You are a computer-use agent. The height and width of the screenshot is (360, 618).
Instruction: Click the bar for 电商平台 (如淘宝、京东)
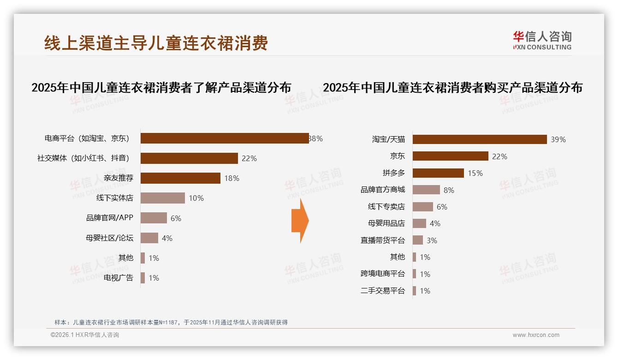(x=225, y=138)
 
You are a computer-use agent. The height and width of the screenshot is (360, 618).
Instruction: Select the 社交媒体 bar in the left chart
(x=189, y=158)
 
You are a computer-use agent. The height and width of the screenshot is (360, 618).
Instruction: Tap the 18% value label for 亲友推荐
(x=232, y=178)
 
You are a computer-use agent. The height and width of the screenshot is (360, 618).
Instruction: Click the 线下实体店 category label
(x=115, y=198)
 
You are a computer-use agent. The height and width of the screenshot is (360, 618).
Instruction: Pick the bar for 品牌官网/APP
(x=154, y=218)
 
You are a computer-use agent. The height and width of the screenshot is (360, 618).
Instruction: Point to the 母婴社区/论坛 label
(x=109, y=238)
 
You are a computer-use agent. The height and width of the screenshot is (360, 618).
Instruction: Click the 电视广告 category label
(x=119, y=278)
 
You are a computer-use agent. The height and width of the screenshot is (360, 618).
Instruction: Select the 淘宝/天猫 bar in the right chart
(x=480, y=139)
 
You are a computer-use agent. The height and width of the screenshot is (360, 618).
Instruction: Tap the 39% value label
(x=558, y=139)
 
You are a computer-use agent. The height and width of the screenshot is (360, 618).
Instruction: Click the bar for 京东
(x=450, y=156)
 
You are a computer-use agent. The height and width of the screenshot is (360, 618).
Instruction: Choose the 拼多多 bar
(x=438, y=173)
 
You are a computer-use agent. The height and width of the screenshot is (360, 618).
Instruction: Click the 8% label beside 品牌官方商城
(x=449, y=190)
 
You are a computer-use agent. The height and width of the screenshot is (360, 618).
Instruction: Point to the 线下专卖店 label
(x=386, y=207)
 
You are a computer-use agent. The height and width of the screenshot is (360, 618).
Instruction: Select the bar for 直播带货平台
(x=418, y=240)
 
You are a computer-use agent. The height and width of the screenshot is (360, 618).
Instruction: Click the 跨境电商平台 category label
(x=383, y=274)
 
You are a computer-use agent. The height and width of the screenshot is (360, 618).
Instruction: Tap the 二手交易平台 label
(x=383, y=291)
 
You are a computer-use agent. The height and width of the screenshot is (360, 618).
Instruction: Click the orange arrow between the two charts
(x=300, y=221)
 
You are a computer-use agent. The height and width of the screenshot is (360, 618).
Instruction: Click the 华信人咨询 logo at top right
(x=542, y=41)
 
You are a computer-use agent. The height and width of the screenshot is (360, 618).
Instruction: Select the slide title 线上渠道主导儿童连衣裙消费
(x=156, y=43)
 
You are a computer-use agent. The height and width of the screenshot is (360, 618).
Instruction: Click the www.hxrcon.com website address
(x=536, y=335)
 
